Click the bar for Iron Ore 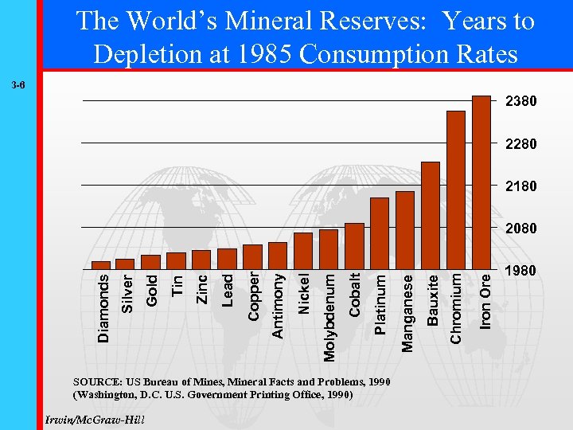pyautogui.click(x=481, y=182)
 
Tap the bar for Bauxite pyautogui.click(x=430, y=215)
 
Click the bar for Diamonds pyautogui.click(x=101, y=265)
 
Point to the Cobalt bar pyautogui.click(x=354, y=246)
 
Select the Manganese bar pyautogui.click(x=404, y=230)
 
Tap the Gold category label pyautogui.click(x=152, y=290)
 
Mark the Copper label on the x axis pyautogui.click(x=253, y=297)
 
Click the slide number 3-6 pyautogui.click(x=18, y=84)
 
